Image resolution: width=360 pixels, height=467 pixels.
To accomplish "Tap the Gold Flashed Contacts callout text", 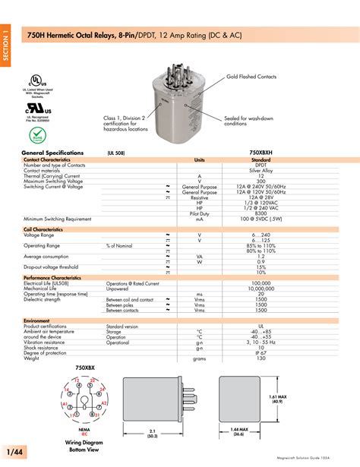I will pyautogui.click(x=251, y=77).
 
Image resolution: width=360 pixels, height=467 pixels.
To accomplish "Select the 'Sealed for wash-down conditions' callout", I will pyautogui.click(x=246, y=121).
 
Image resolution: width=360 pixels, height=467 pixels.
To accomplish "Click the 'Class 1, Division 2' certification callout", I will pyautogui.click(x=128, y=123).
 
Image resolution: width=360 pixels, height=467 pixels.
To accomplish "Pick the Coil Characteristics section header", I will pyautogui.click(x=43, y=229).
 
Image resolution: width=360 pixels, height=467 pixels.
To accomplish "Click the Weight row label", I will pyautogui.click(x=33, y=358).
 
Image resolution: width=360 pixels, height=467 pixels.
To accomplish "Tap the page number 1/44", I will pyautogui.click(x=13, y=453).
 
